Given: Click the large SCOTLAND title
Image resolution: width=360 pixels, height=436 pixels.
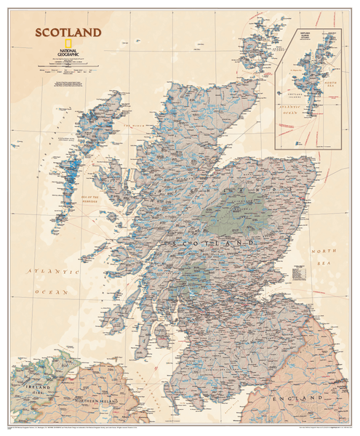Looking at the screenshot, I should point(66,33).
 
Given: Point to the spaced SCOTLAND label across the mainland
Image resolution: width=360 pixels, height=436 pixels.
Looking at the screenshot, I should point(218,242).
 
